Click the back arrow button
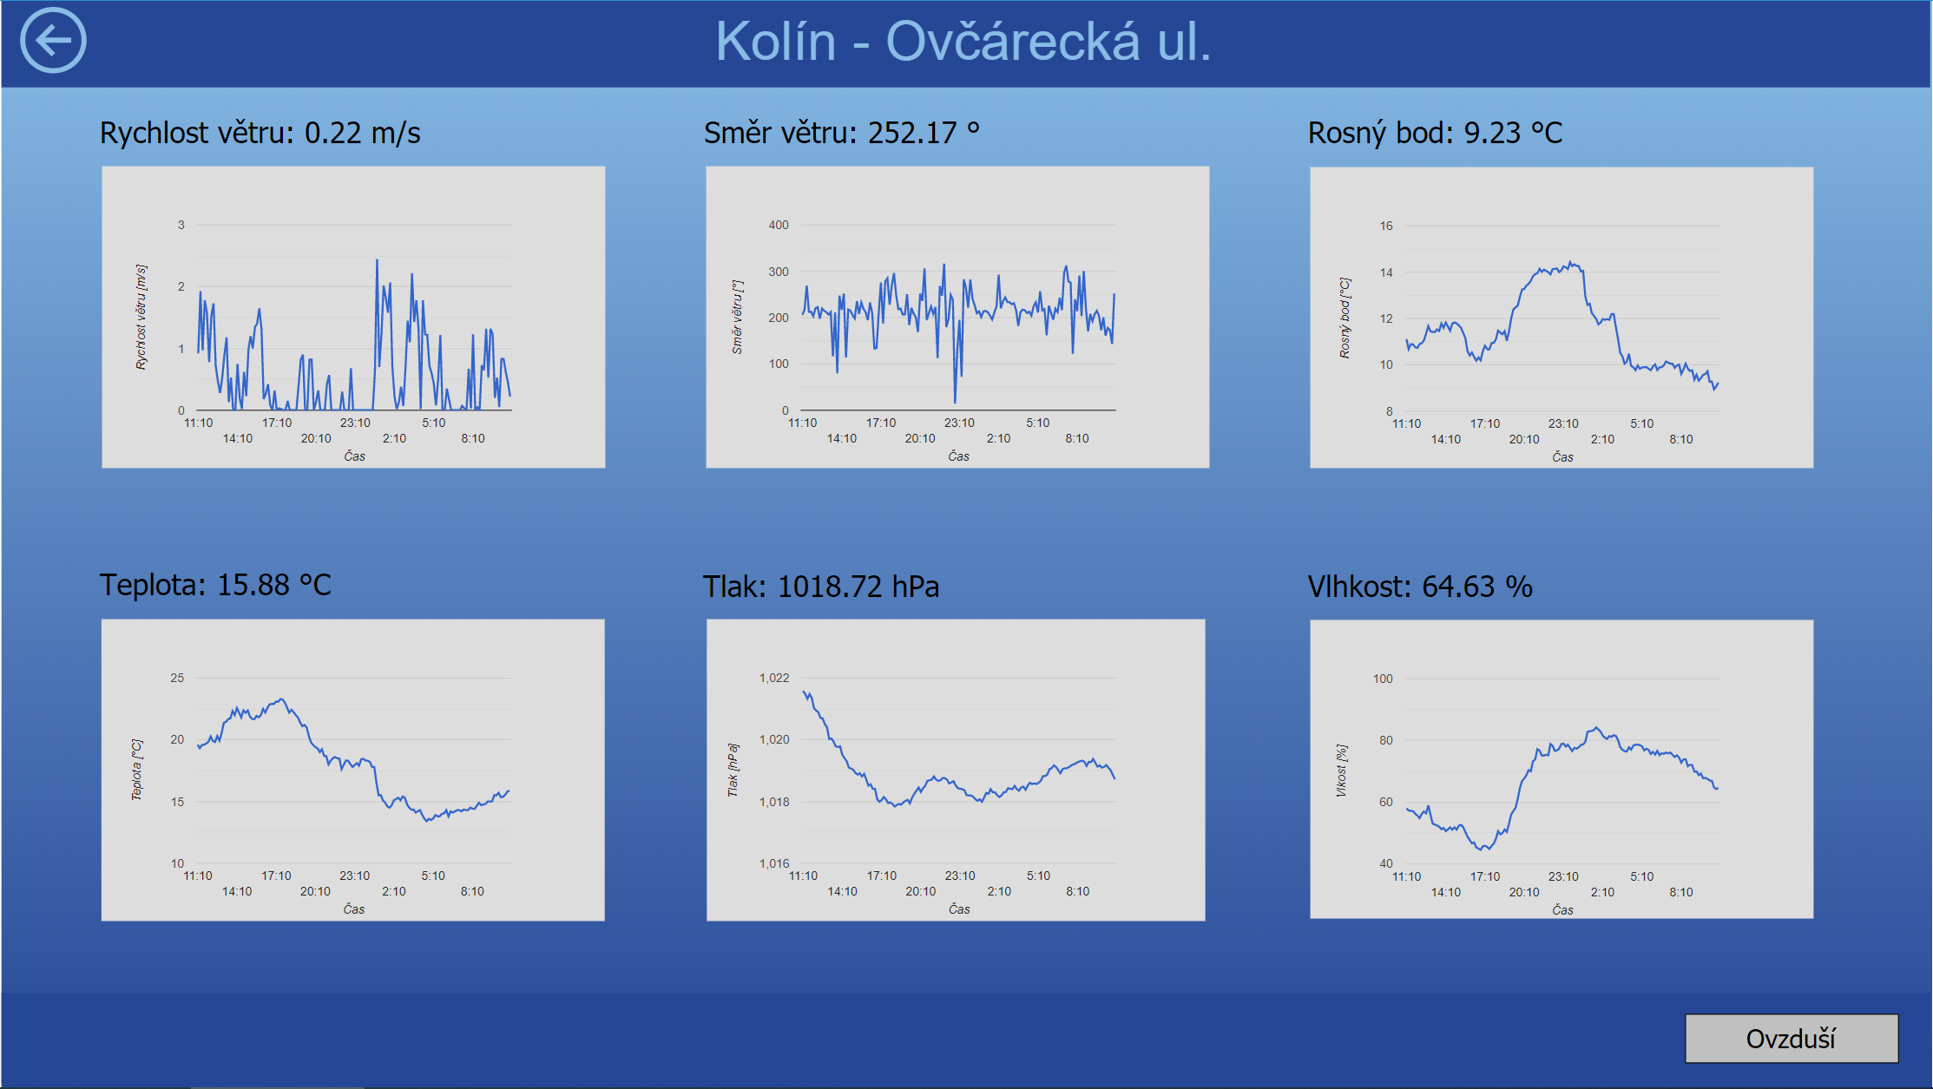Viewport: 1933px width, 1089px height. [x=53, y=40]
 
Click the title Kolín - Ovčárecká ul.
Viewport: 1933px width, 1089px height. [x=963, y=41]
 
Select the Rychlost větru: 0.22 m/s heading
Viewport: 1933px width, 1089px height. [x=260, y=133]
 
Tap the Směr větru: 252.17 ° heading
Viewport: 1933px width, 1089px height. [x=841, y=133]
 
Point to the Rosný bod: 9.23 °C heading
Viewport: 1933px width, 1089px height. [x=1435, y=133]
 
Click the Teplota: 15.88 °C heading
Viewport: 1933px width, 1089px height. [x=215, y=585]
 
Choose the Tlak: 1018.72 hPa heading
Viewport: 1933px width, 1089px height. [x=821, y=587]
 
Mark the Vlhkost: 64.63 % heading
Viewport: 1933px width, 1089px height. [x=1420, y=587]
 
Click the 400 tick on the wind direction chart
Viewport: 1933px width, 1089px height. [x=779, y=225]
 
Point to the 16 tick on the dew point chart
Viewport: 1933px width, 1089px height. [x=1386, y=226]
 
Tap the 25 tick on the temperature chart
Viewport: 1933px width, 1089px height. [x=177, y=678]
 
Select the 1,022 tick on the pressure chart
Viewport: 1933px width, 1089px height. [x=774, y=678]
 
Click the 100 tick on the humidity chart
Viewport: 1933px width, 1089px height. [x=1383, y=679]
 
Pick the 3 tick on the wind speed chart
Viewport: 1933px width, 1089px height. [x=181, y=225]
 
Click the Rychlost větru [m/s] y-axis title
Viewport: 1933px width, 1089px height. [x=141, y=318]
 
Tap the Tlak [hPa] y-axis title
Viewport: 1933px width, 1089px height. [x=733, y=770]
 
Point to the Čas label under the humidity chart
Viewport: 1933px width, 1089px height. [x=1562, y=909]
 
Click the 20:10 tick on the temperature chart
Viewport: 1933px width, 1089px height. [x=315, y=891]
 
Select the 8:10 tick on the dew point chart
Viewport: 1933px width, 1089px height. [x=1681, y=439]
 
